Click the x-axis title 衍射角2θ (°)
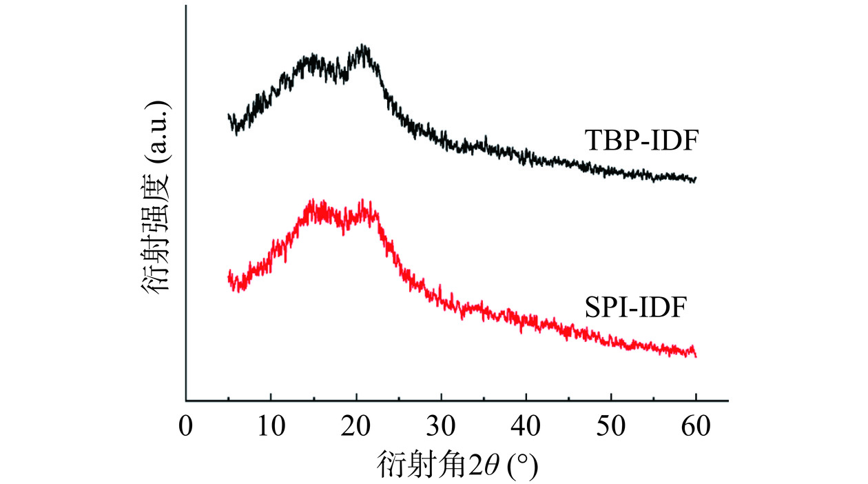click(x=457, y=463)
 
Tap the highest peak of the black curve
click(x=364, y=47)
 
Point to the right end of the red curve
click(x=696, y=356)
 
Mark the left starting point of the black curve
click(x=229, y=116)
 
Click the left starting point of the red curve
click(x=229, y=274)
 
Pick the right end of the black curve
click(x=696, y=179)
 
